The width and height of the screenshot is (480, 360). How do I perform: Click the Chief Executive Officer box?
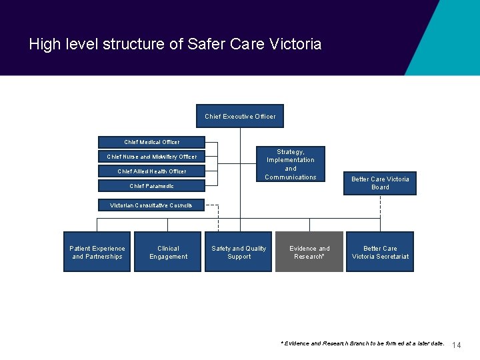coord(240,116)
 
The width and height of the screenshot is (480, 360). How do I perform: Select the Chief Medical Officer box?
coord(151,142)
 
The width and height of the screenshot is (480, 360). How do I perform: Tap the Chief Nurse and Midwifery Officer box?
coord(151,157)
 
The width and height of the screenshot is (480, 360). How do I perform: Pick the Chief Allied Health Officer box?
coord(151,171)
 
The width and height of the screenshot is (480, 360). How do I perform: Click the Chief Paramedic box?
coord(151,186)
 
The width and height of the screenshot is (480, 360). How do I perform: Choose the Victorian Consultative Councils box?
coord(151,205)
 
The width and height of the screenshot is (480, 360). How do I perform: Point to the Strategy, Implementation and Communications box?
coord(291,164)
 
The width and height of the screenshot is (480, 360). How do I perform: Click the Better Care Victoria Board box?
coord(380,183)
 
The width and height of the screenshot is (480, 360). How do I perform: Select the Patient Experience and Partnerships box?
coord(97,252)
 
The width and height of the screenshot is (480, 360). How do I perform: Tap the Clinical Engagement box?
coord(168,252)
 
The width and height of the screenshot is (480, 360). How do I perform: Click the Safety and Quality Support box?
coord(239,252)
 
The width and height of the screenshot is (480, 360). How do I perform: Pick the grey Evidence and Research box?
coord(309,252)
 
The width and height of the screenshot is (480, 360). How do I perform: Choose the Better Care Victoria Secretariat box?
coord(380,252)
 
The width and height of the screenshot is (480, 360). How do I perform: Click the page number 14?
coord(457,345)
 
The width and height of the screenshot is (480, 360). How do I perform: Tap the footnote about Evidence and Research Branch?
coord(363,343)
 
